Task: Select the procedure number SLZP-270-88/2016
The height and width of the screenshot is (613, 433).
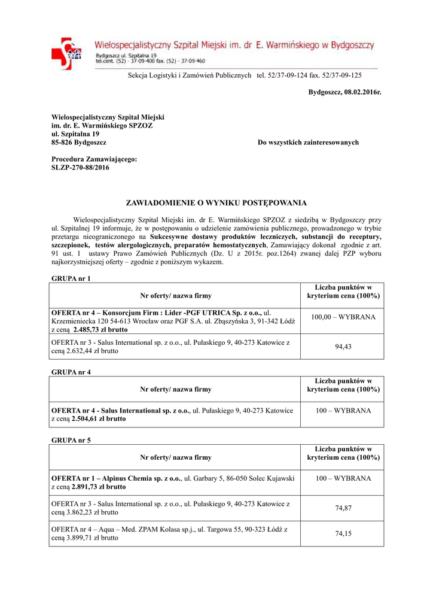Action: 81,168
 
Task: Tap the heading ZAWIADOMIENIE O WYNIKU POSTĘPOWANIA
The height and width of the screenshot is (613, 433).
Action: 216,203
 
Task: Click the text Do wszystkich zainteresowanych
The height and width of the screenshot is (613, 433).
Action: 308,142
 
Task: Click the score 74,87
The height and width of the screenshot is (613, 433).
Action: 343,508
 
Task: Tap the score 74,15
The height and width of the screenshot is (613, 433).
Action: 343,534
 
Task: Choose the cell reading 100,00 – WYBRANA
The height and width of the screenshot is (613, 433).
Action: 343,316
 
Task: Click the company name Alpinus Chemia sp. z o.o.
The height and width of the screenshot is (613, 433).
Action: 142,479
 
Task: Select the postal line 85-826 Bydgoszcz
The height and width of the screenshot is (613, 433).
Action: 79,142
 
